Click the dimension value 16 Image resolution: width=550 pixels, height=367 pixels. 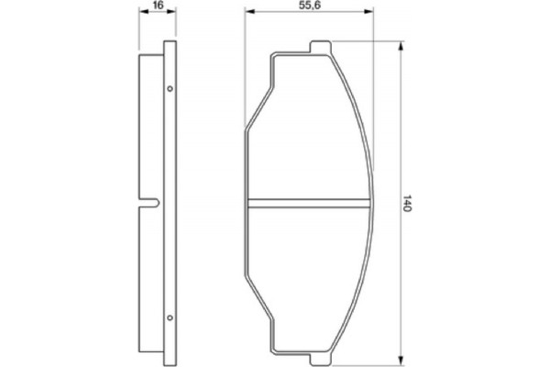157,6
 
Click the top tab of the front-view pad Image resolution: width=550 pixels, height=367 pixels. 320,47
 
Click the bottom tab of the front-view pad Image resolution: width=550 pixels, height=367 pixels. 320,359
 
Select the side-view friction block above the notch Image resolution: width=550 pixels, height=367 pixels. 151,128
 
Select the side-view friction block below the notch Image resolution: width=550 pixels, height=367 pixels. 151,275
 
